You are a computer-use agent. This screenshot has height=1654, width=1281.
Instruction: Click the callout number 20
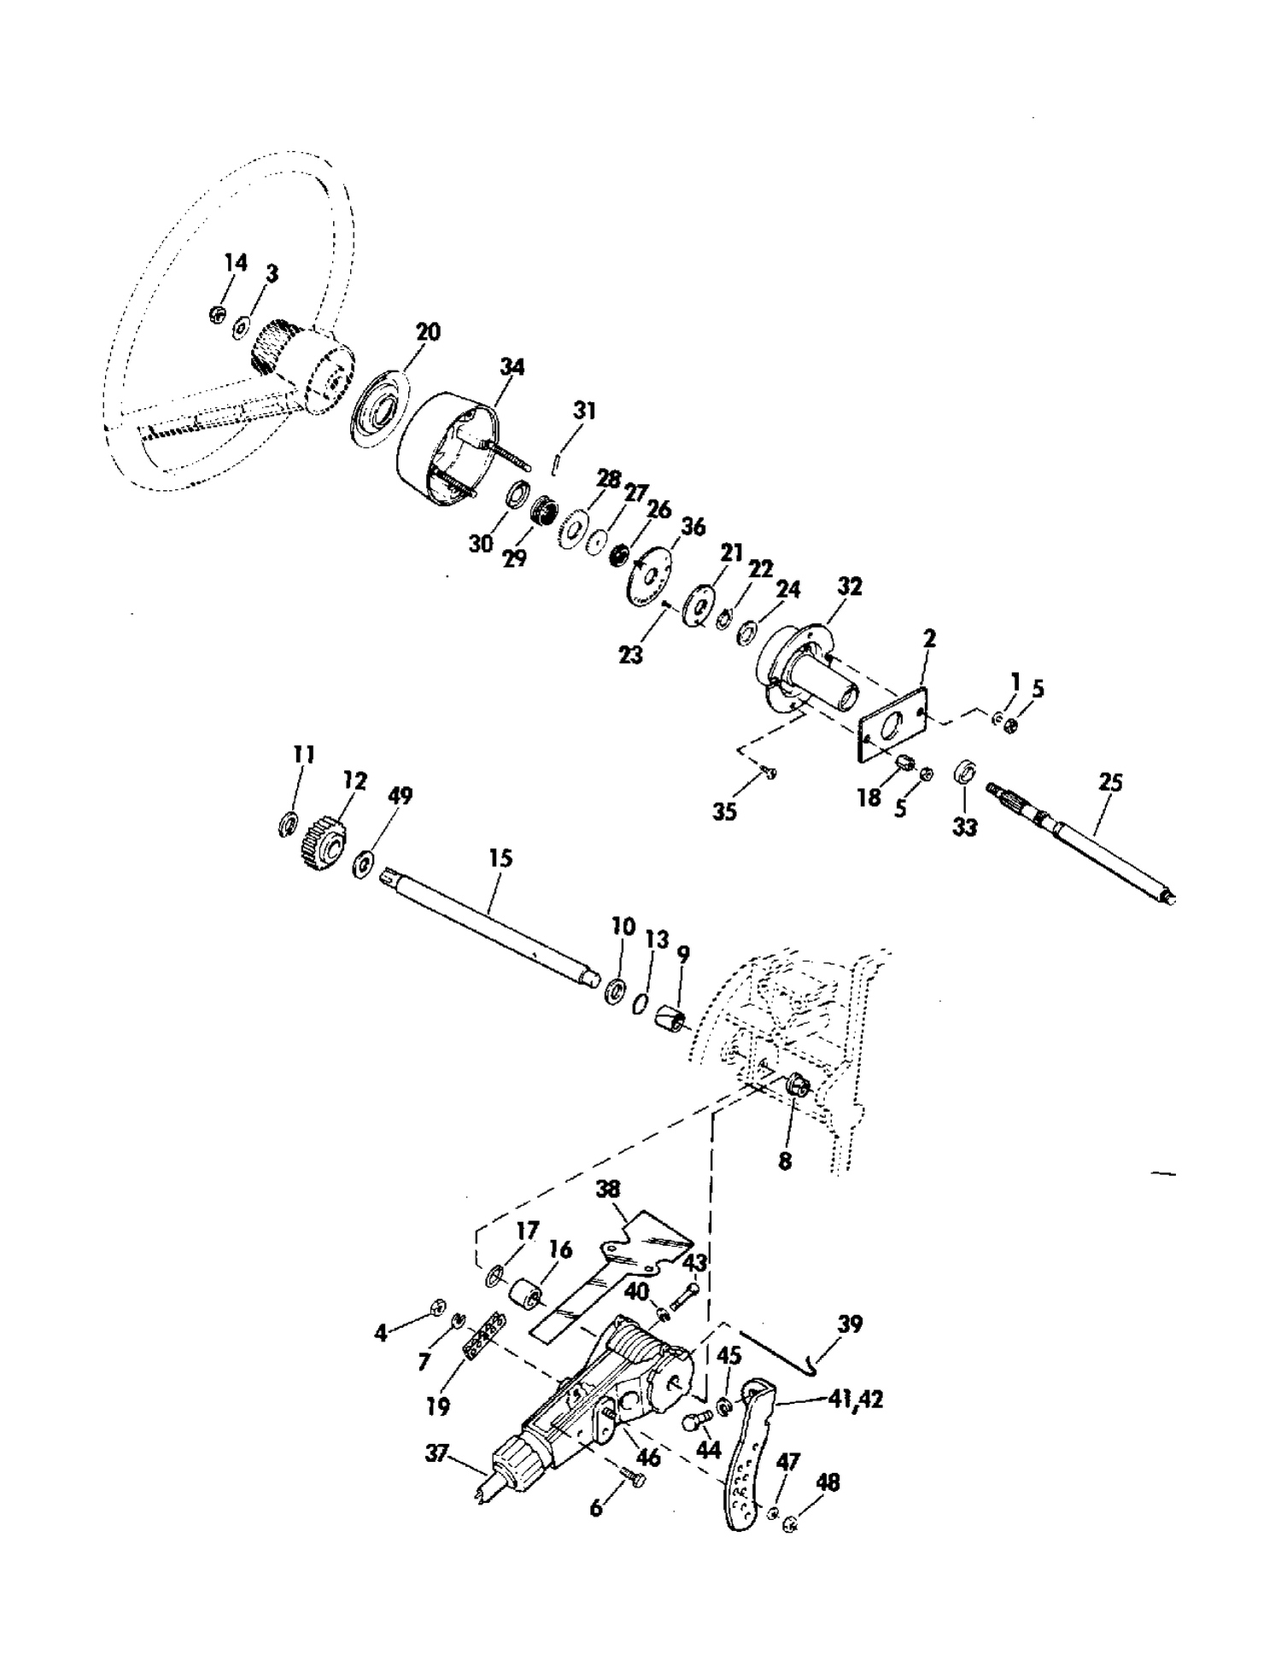click(x=428, y=332)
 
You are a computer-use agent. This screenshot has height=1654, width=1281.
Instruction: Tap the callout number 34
click(x=512, y=367)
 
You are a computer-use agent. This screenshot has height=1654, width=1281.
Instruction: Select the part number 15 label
click(x=500, y=857)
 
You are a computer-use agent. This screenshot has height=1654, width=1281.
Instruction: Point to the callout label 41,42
click(x=856, y=1400)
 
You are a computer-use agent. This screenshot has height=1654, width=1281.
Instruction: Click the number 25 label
click(x=1110, y=782)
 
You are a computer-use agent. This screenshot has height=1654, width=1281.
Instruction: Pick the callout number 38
click(x=608, y=1189)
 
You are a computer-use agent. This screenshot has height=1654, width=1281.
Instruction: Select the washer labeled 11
click(x=288, y=825)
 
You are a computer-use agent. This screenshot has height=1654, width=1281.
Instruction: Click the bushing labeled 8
click(x=796, y=1087)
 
